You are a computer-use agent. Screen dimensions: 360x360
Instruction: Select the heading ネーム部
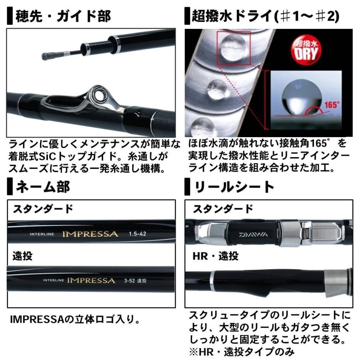(42, 186)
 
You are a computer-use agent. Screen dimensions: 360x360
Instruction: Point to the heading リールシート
(234, 186)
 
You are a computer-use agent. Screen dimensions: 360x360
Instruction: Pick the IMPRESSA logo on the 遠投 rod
(91, 280)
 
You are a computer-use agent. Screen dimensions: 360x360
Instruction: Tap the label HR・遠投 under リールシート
(216, 256)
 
